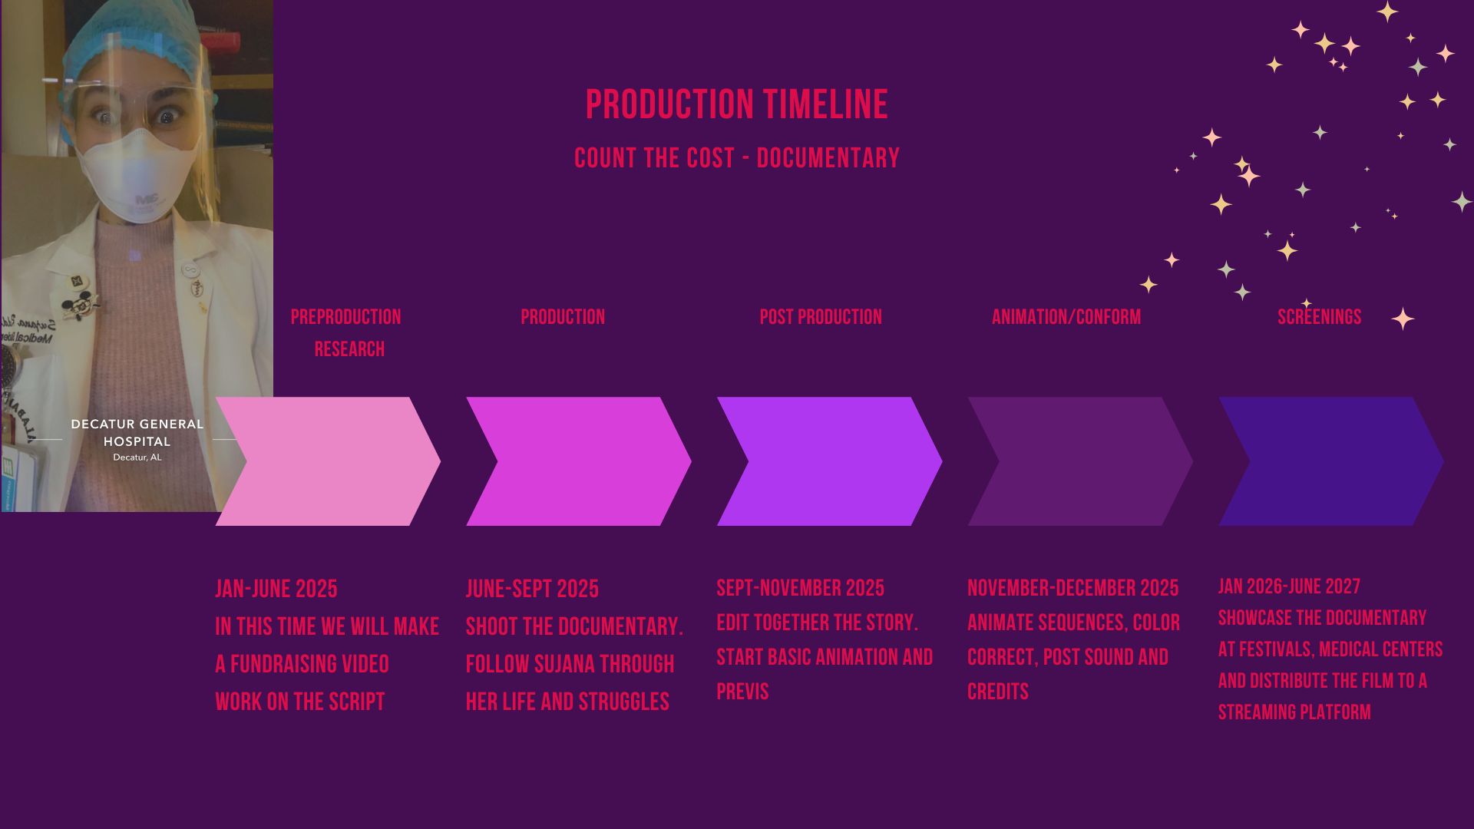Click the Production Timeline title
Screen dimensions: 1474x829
737,104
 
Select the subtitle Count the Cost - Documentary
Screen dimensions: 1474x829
737,158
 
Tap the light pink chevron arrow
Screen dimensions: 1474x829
328,461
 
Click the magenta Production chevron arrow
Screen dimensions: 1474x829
579,461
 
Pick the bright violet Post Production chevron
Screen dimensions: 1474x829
829,461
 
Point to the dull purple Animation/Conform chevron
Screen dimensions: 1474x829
1080,461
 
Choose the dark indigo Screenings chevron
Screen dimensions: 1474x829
1331,461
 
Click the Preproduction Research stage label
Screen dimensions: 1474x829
346,333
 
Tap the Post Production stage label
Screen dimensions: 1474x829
821,317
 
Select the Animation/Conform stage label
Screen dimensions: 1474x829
1066,317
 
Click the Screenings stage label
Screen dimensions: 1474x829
1319,317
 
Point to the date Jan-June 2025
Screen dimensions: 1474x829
276,589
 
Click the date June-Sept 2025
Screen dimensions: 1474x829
532,589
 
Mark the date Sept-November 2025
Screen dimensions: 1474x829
800,588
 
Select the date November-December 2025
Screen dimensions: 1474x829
1072,588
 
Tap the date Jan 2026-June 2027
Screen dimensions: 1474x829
1289,586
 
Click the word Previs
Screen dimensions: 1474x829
742,692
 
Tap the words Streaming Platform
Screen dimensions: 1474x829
1294,712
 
